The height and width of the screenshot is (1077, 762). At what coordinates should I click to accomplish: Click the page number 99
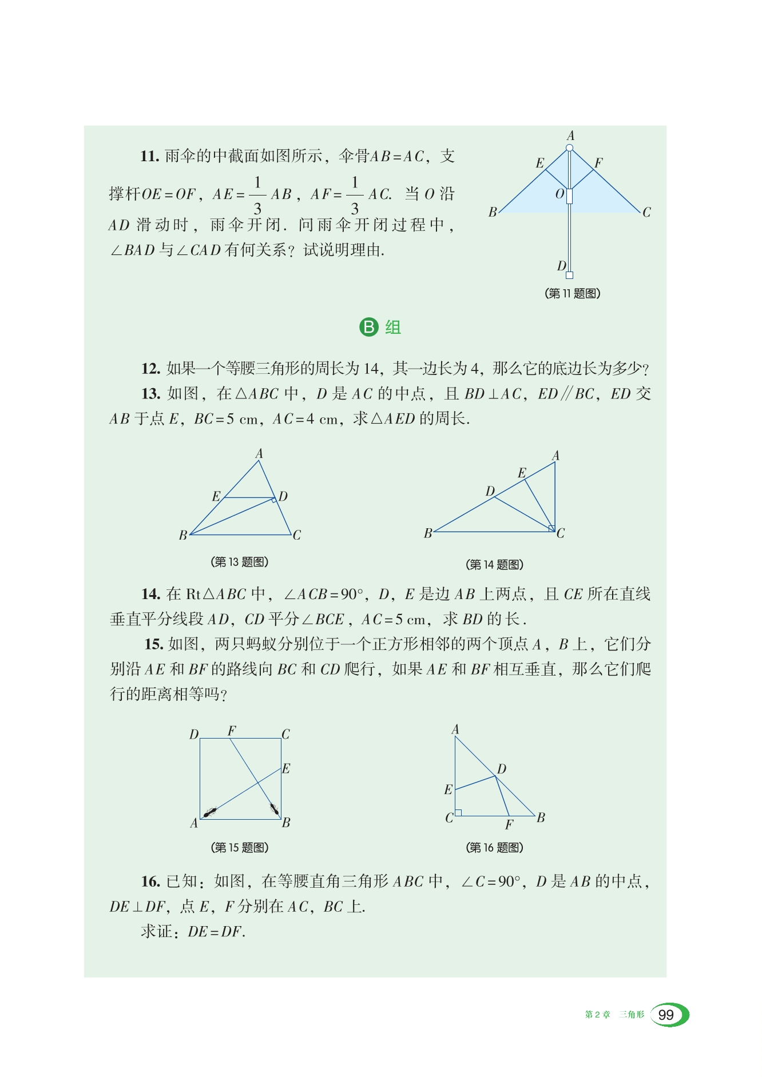666,1015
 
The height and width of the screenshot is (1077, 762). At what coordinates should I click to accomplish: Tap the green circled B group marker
369,327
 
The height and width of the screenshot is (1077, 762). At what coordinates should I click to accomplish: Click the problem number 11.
150,156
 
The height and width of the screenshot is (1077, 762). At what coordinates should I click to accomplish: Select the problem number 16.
150,881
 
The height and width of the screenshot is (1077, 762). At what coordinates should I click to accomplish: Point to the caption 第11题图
573,293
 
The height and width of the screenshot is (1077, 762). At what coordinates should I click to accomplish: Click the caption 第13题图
240,562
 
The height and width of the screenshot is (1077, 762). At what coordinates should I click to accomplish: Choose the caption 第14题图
495,565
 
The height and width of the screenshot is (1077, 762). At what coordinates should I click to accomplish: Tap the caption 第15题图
240,847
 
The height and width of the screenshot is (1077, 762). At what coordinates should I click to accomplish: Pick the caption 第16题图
495,847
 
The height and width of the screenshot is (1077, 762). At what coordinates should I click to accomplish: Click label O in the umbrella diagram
559,194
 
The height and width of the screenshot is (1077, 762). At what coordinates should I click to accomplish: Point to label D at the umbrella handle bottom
561,266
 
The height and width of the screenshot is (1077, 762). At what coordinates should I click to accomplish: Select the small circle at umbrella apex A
569,148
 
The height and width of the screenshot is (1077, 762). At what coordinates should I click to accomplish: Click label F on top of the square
232,731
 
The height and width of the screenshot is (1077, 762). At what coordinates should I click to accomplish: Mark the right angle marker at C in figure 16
458,812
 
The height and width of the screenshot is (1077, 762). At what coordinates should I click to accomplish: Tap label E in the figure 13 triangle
216,496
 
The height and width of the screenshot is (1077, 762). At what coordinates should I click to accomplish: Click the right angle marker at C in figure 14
551,528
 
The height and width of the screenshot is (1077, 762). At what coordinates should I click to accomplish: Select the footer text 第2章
597,1015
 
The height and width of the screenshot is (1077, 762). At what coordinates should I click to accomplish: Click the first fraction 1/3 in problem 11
257,194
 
